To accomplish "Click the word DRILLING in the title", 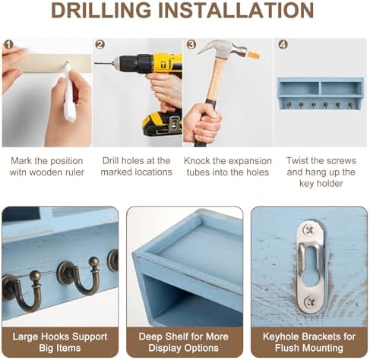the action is [x=101, y=10].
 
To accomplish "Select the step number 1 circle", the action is [x=8, y=45].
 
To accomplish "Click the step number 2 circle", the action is [x=100, y=45].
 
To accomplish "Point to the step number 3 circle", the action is [x=191, y=45].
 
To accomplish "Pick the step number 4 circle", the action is [x=283, y=45].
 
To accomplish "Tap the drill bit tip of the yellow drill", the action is [x=95, y=63].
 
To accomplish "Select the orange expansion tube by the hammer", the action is [x=253, y=55].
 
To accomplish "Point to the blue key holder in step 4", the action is [x=321, y=93].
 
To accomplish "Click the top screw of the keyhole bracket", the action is [x=308, y=230].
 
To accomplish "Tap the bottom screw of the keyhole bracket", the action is [x=310, y=301].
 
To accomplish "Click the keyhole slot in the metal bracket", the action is [x=311, y=268].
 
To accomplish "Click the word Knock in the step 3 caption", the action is [x=197, y=161].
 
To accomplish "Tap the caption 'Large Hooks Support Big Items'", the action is [x=60, y=342].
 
